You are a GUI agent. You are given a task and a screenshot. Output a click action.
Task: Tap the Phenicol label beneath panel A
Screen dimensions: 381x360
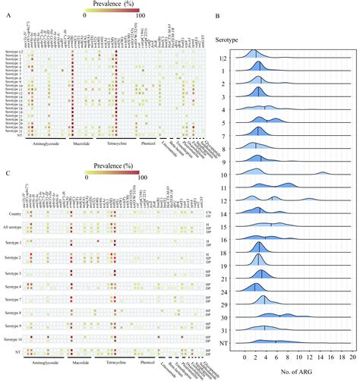click(150, 142)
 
